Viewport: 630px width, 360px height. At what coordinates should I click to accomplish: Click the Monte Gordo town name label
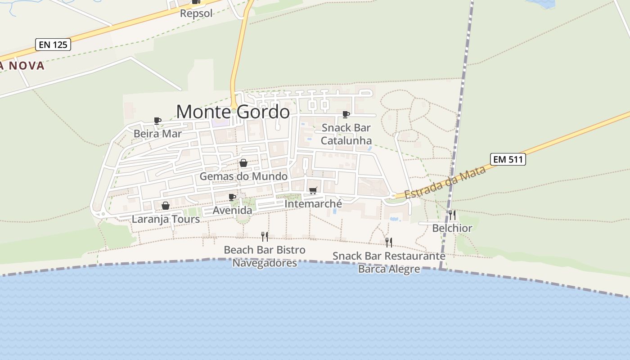click(233, 112)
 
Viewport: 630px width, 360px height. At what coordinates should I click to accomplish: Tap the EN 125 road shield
click(53, 45)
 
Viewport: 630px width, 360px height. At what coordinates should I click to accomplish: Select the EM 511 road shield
click(508, 159)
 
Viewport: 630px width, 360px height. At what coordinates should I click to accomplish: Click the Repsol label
click(196, 13)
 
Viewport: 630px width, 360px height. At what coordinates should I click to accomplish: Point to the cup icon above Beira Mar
click(157, 121)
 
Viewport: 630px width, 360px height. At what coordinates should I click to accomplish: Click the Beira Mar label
click(157, 134)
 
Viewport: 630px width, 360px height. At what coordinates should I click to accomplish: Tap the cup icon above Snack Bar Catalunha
click(346, 114)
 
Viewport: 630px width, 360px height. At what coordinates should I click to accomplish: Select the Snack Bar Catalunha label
click(346, 134)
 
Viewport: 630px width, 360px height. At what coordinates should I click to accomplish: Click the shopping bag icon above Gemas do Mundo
click(243, 163)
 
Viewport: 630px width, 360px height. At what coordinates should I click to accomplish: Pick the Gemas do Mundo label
click(243, 176)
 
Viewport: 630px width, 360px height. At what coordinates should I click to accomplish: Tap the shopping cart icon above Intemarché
click(313, 190)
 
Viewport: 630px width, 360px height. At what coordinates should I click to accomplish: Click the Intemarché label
click(313, 204)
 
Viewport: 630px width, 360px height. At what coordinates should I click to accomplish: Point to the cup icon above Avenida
click(232, 197)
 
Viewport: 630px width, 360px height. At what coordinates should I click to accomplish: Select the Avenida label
click(232, 210)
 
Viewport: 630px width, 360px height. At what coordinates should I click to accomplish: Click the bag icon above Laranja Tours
click(166, 206)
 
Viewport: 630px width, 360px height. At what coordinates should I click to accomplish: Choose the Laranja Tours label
click(166, 219)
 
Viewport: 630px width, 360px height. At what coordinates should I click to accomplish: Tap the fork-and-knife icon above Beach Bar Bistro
click(265, 236)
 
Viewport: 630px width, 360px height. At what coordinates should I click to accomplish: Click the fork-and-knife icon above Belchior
click(452, 215)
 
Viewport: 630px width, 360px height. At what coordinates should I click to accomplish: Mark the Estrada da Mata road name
click(445, 183)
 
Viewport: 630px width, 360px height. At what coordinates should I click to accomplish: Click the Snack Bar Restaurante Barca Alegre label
click(389, 262)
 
